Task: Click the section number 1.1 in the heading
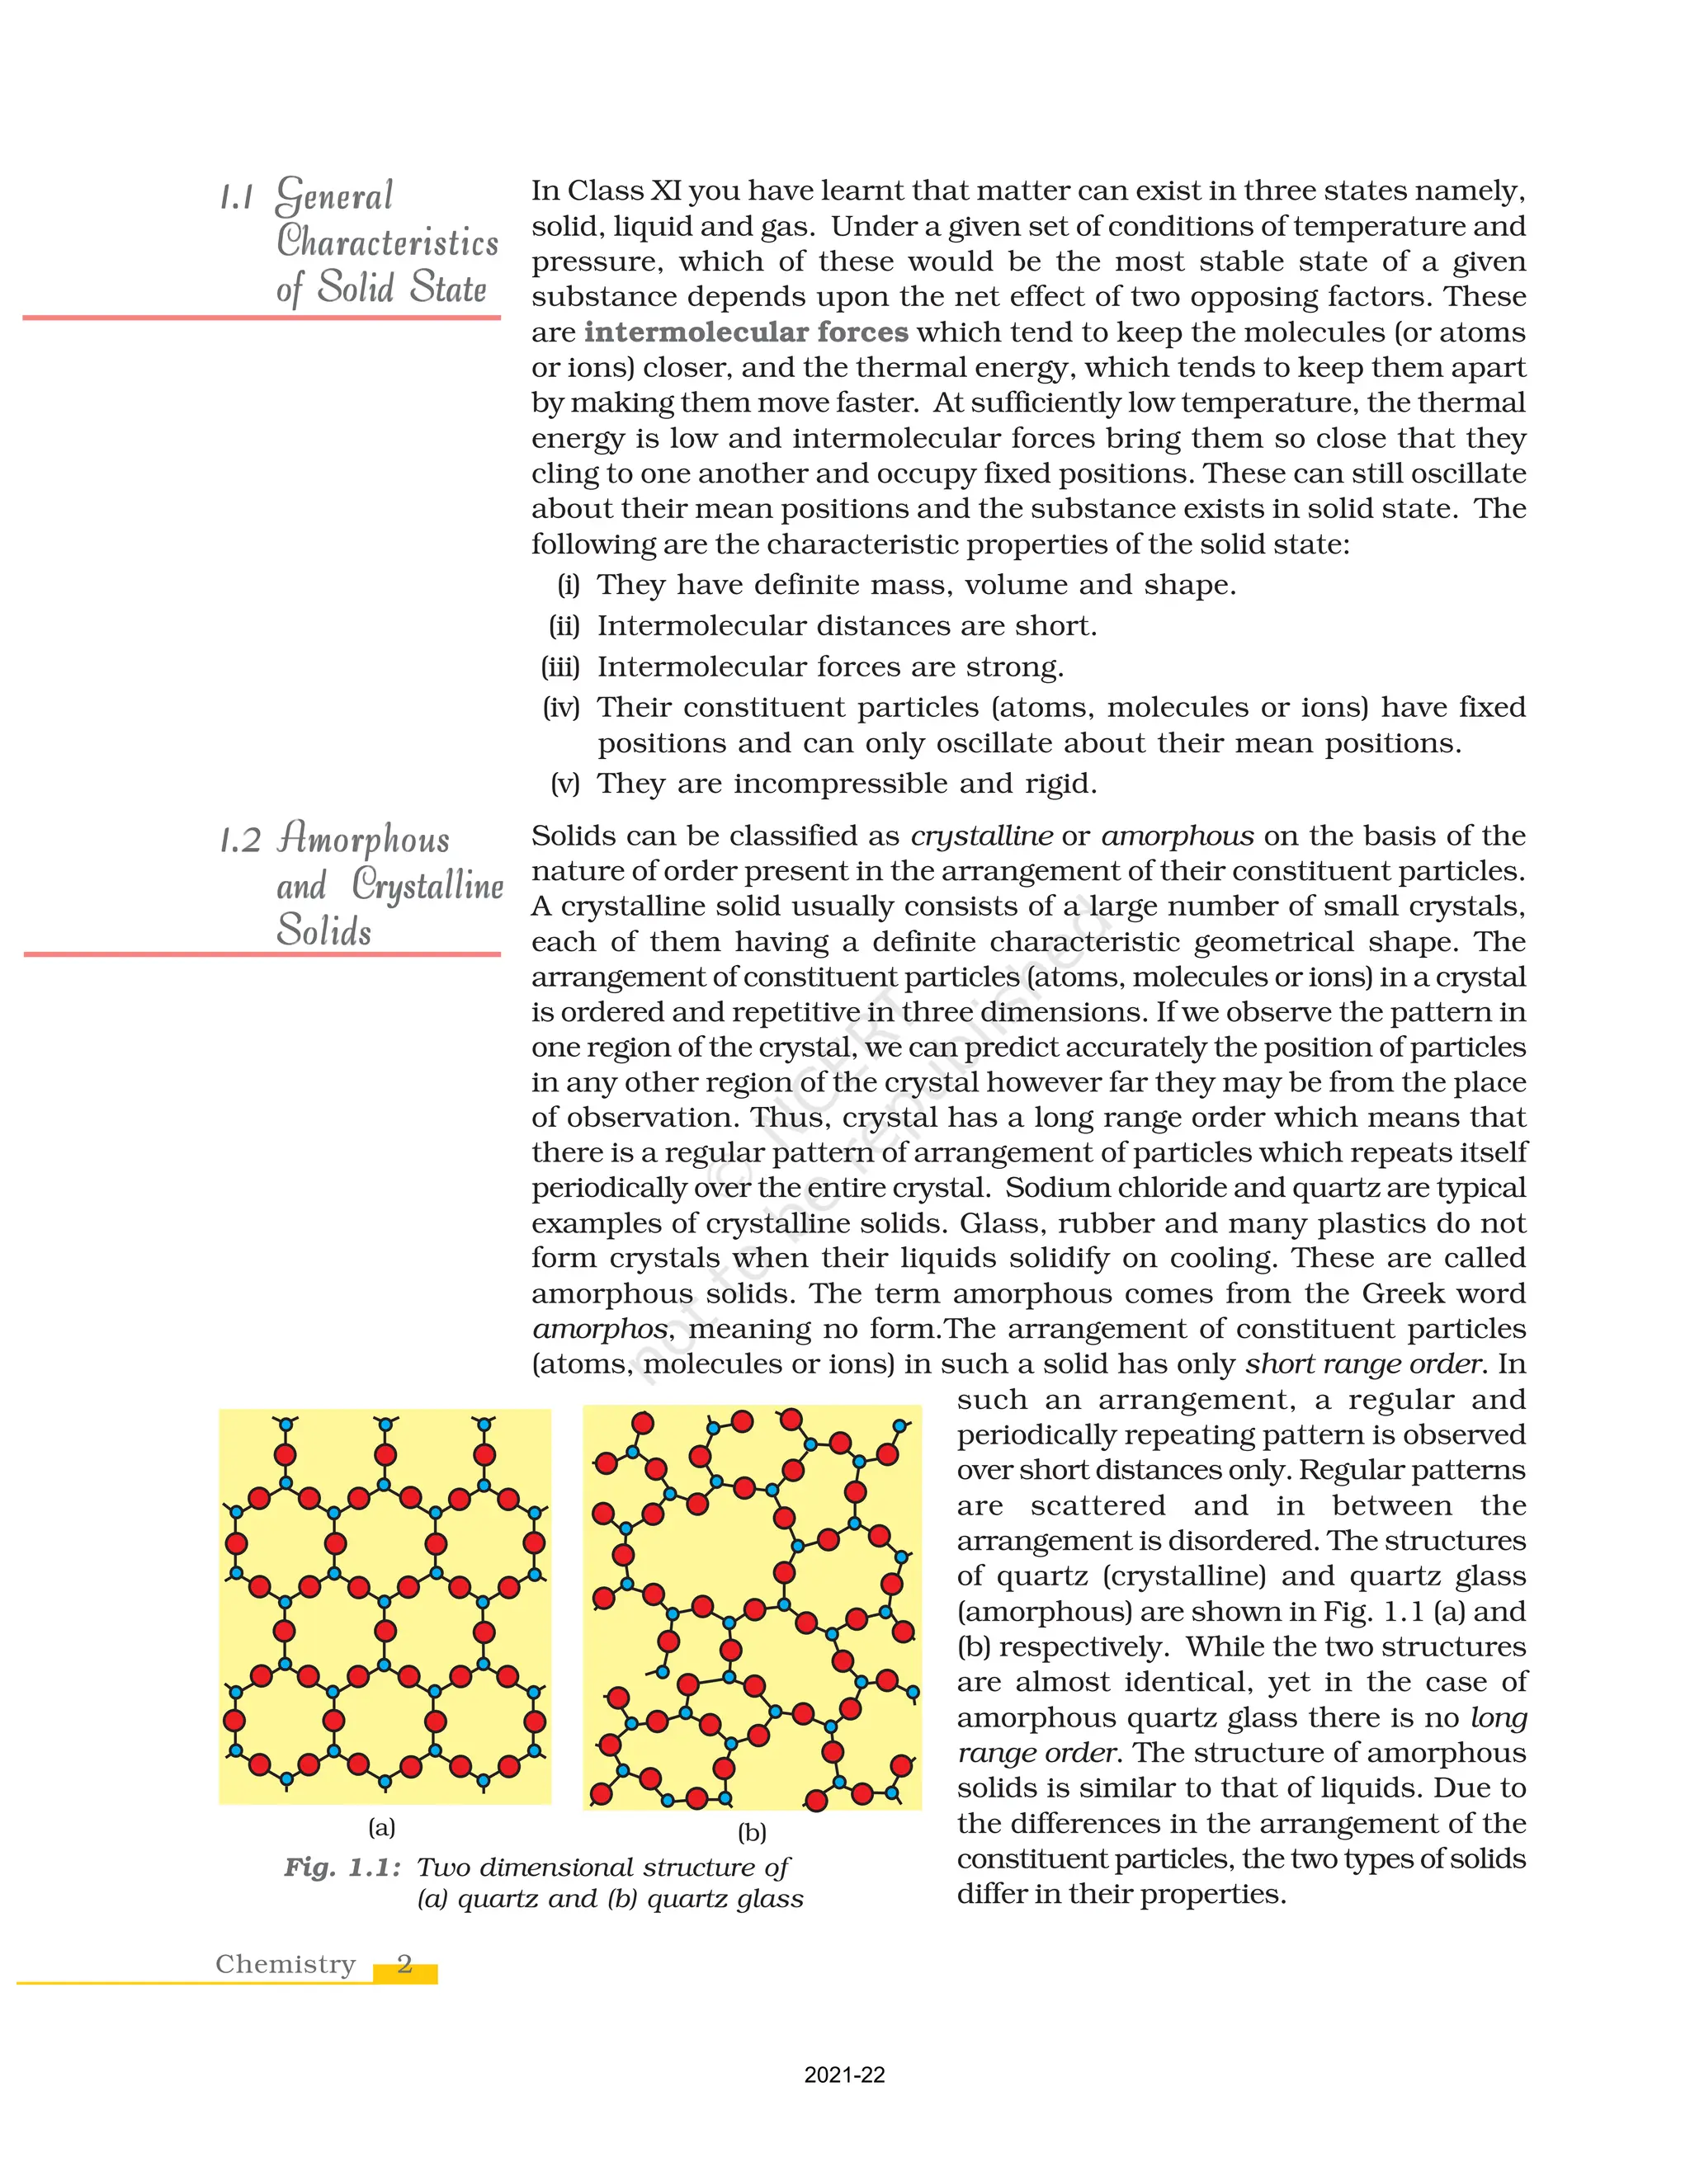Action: point(236,198)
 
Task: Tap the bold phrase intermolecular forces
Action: point(745,332)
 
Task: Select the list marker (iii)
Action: point(560,667)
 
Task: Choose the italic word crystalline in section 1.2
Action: point(981,836)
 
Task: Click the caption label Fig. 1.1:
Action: point(342,1868)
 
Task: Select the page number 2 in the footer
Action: point(404,1964)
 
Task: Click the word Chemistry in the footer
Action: point(286,1964)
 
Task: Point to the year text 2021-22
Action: point(844,2075)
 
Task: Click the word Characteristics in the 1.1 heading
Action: point(387,243)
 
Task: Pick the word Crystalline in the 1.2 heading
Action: point(427,885)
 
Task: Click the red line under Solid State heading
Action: point(262,318)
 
